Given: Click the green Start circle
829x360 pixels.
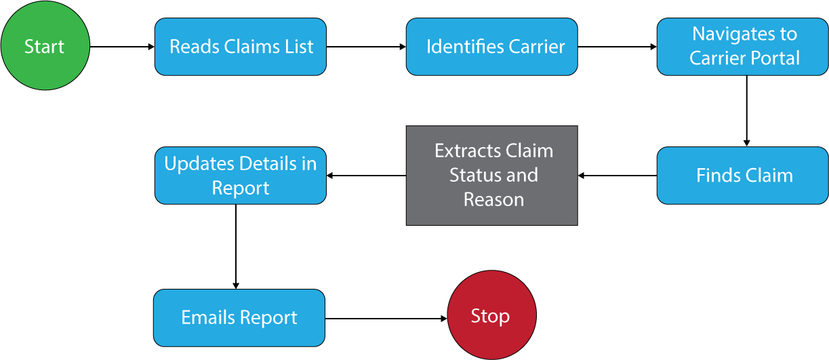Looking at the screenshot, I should [45, 46].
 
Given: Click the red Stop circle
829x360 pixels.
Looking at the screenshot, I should [491, 316].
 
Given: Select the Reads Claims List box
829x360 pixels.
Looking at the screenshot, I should [240, 46].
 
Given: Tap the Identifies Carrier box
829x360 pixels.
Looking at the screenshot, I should [491, 46].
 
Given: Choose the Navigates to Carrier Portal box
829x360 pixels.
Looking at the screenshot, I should [742, 46].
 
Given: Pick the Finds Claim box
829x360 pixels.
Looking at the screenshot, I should [742, 176].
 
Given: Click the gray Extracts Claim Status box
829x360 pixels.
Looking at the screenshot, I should [491, 175].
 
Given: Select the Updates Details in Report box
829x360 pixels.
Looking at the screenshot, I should [240, 176].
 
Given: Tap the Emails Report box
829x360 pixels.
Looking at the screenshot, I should [239, 317].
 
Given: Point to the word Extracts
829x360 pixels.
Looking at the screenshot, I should [464, 151].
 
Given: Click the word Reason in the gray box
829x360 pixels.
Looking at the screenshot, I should [493, 200].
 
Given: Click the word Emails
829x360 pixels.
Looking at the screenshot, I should [206, 318].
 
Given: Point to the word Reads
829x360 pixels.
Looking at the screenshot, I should [190, 47].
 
